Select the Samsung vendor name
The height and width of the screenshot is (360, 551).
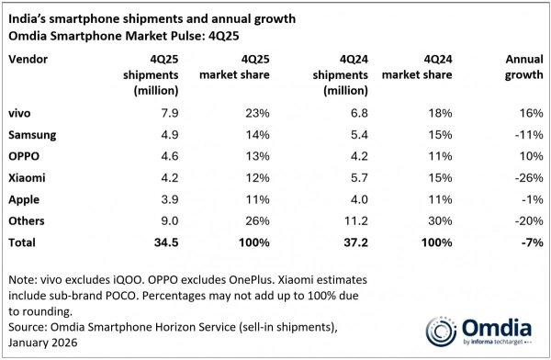tap(33, 134)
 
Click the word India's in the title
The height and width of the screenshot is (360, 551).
tap(28, 13)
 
